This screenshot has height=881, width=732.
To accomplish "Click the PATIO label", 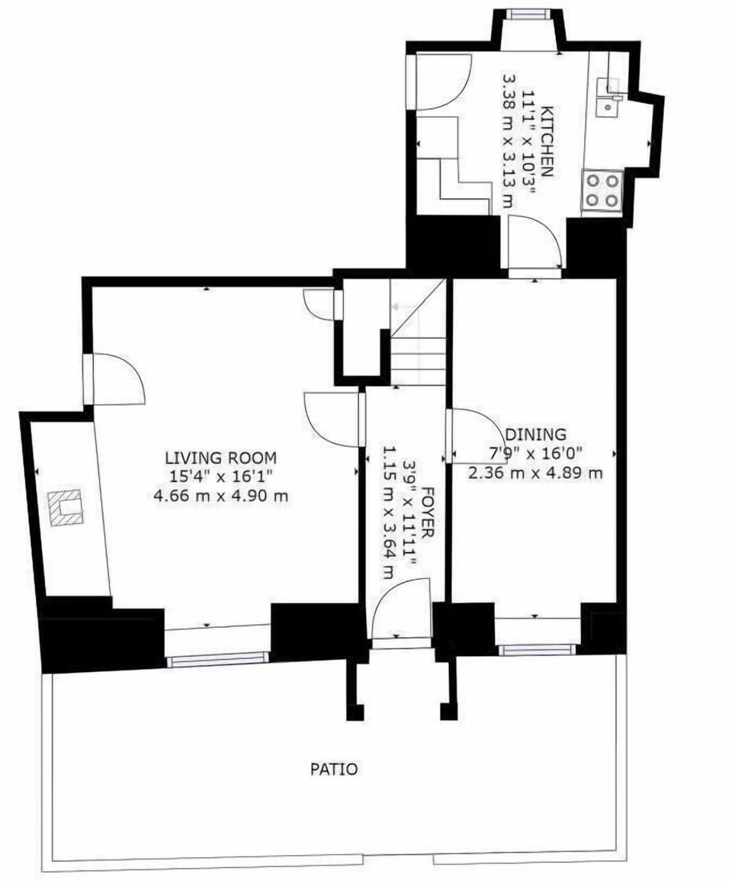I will (x=333, y=769).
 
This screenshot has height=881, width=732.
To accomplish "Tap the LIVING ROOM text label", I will (x=220, y=458).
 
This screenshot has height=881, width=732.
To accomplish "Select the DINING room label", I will (x=537, y=435).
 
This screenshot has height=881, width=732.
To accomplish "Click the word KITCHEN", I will (x=547, y=143).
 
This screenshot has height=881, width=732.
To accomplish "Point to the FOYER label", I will (x=429, y=513).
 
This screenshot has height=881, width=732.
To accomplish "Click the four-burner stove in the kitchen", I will (x=602, y=190).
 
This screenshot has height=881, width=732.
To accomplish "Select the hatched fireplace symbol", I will (x=66, y=508).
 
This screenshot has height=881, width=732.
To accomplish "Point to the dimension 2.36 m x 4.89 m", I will (x=535, y=473).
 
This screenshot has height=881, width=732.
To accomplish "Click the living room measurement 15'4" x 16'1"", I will (x=220, y=477).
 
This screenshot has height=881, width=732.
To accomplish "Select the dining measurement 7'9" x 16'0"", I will (x=535, y=454).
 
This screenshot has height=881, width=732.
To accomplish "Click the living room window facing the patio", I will (x=218, y=658).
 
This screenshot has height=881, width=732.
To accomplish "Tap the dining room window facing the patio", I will (x=536, y=650).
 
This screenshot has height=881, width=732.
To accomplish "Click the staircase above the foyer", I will (x=418, y=343).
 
